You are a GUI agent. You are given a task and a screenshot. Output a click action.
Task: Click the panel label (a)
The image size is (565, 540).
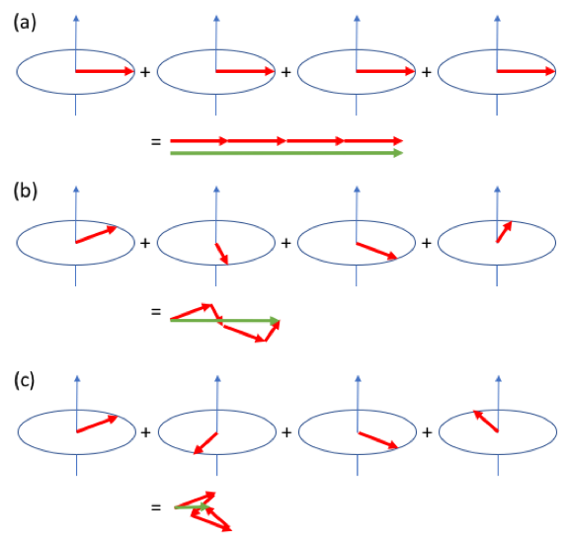pos(25,23)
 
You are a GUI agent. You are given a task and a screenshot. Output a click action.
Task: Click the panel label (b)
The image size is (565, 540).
pos(26,191)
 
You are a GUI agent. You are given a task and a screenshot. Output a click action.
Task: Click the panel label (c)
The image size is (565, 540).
pos(25,380)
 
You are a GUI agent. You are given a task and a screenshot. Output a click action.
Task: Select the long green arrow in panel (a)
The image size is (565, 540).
pos(286,153)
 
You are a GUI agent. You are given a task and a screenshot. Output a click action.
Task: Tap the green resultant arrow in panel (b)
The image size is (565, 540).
pos(225,320)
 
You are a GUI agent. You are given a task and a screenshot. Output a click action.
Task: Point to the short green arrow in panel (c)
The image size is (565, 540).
pos(192,507)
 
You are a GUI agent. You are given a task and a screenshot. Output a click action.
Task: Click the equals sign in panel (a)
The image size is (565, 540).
pos(156,141)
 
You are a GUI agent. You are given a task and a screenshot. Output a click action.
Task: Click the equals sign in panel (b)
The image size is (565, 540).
pos(156,311)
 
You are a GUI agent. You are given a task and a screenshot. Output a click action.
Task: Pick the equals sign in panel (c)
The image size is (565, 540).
pos(156,507)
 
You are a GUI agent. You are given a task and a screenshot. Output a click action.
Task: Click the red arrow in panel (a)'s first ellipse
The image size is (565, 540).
pos(105,71)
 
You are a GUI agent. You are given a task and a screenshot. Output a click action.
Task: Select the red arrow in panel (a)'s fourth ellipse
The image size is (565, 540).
pos(526,71)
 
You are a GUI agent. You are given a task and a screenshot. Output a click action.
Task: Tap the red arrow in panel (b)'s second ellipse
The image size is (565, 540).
pos(221,254)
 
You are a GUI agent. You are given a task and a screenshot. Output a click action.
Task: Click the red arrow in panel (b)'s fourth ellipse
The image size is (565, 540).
pos(504,232)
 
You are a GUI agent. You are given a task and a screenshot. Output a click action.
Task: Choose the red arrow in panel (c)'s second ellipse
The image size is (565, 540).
pos(205,443)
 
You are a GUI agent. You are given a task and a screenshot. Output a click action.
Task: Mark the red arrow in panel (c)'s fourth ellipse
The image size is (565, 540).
pos(486,421)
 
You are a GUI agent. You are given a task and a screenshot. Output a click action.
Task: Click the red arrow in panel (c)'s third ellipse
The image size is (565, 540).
pos(378,440)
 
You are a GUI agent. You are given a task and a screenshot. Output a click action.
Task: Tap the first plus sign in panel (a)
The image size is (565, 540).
pos(145,72)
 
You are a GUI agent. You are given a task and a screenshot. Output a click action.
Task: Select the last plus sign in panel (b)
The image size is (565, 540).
pos(427,243)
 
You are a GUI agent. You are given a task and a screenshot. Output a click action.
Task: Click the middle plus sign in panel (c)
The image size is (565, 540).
pos(286,432)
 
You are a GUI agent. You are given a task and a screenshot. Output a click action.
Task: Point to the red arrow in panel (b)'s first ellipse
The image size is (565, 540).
pos(96,234)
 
